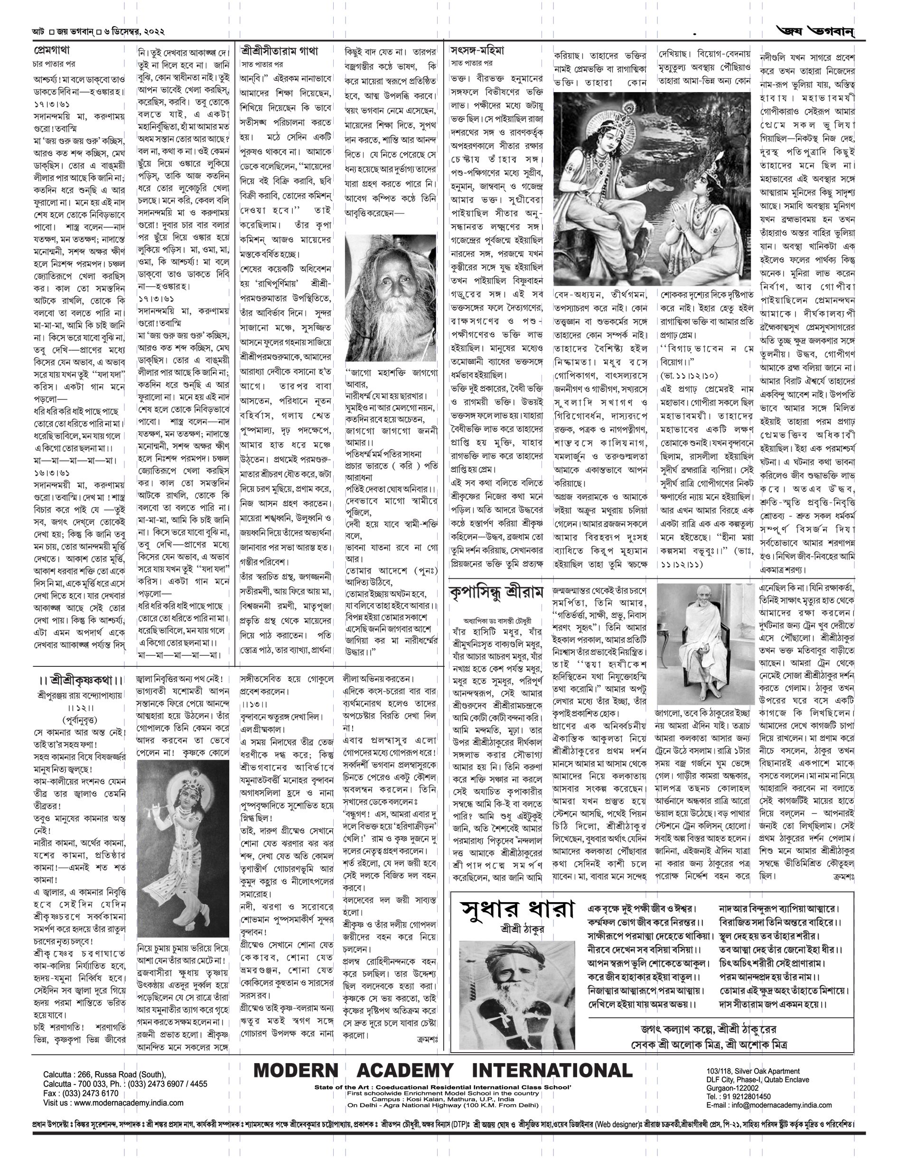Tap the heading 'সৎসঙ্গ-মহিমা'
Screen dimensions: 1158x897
tap(477, 51)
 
